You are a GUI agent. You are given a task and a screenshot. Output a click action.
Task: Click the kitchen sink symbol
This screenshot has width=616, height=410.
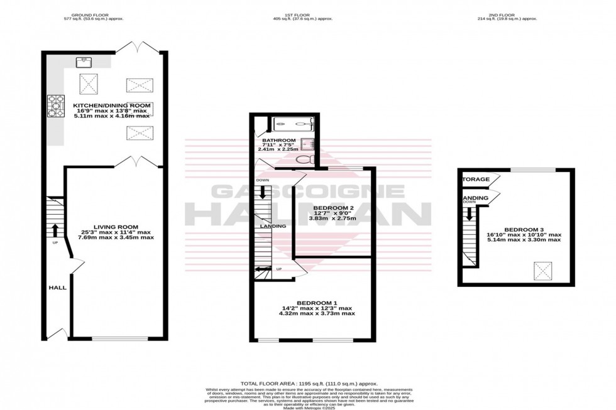[x=83, y=62]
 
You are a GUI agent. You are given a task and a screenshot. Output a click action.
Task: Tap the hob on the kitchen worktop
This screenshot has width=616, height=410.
[x=55, y=105]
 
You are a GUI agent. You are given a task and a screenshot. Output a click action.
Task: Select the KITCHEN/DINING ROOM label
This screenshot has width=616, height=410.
[x=111, y=105]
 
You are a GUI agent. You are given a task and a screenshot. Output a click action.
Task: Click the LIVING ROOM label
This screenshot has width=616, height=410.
[x=116, y=227]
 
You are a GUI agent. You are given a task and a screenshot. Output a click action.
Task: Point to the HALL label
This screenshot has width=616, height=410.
[x=57, y=288]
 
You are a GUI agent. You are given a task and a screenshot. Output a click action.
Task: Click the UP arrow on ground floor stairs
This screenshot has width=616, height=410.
[x=55, y=230]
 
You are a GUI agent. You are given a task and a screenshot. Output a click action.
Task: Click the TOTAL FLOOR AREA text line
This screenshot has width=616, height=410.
[x=307, y=382]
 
